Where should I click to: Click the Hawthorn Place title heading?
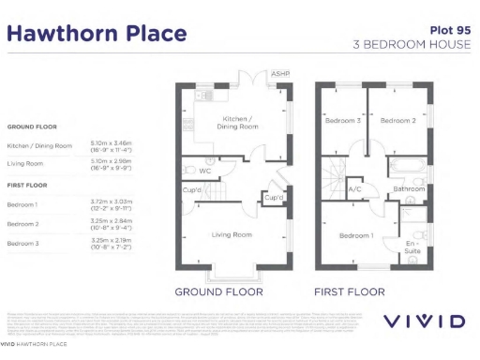tap(97, 34)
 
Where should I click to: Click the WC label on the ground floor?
tap(204, 171)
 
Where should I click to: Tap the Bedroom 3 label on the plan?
tap(342, 121)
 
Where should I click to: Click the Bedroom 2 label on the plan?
tap(397, 121)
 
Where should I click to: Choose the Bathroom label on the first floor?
tap(410, 188)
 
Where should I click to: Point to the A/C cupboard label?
tap(355, 189)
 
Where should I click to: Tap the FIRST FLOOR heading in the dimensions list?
tap(28, 185)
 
